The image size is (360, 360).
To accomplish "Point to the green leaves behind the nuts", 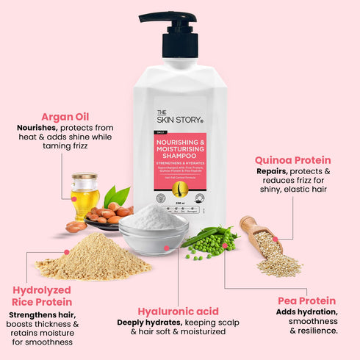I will click(116, 197).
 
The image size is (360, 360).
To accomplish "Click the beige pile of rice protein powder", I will click(92, 258).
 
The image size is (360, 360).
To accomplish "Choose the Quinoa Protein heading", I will click(292, 159).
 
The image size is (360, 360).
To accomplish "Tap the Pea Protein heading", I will click(307, 300).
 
